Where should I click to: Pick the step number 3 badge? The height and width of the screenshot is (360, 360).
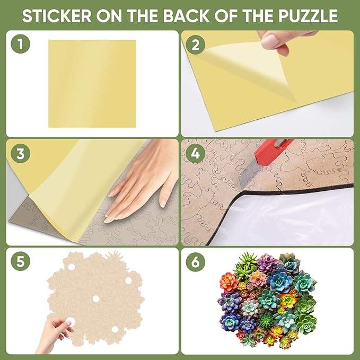click(x=20, y=154)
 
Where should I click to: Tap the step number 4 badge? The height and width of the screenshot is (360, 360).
click(x=196, y=154)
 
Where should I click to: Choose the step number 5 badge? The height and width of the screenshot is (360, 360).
click(x=20, y=261)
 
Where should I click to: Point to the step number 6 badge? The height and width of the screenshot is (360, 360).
click(x=196, y=261)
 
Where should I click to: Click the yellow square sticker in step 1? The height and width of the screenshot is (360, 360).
click(x=92, y=83)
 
